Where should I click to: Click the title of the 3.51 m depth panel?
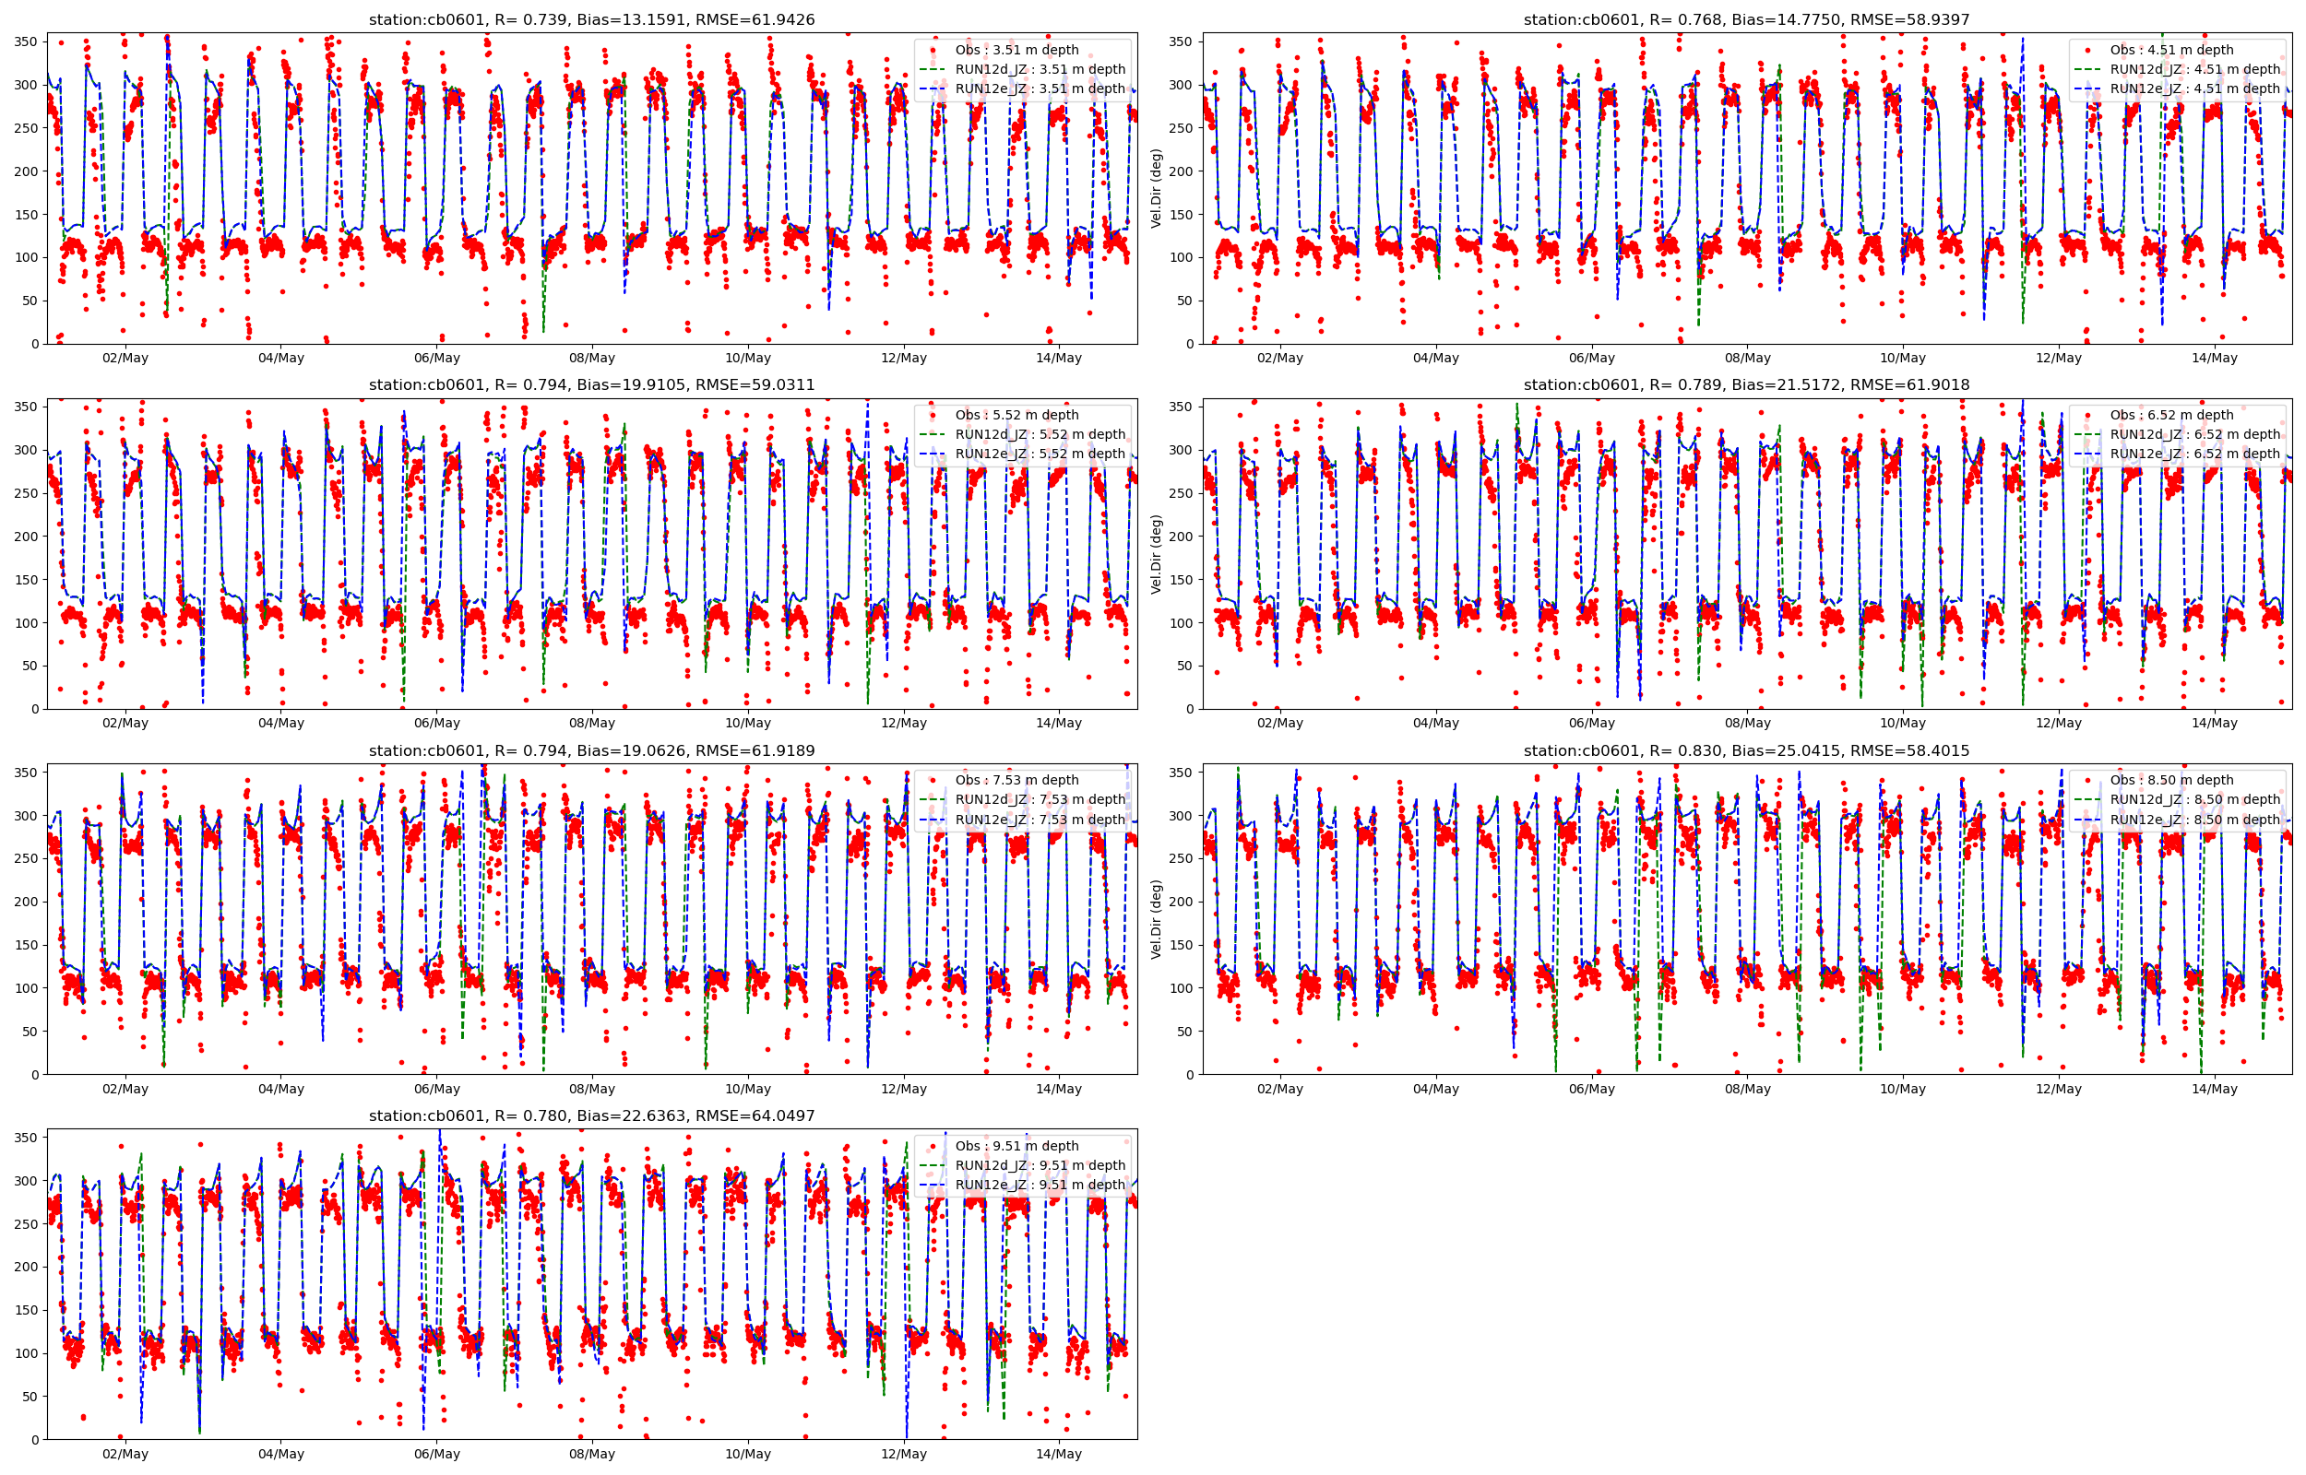pyautogui.click(x=592, y=19)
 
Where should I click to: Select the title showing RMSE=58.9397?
pyautogui.click(x=1746, y=19)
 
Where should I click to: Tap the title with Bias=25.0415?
pyautogui.click(x=1746, y=751)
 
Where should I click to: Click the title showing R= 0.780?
pyautogui.click(x=592, y=1115)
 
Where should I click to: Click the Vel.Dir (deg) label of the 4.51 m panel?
pyautogui.click(x=1157, y=188)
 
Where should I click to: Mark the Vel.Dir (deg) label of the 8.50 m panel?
pyautogui.click(x=1157, y=918)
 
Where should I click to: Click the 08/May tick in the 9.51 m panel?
pyautogui.click(x=592, y=1454)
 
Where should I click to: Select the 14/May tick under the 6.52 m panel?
pyautogui.click(x=2214, y=723)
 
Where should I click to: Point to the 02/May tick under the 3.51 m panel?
pyautogui.click(x=125, y=359)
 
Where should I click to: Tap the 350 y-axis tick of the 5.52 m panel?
pyautogui.click(x=26, y=407)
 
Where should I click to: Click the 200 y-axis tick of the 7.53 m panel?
pyautogui.click(x=26, y=903)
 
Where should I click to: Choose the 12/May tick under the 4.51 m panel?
pyautogui.click(x=2058, y=359)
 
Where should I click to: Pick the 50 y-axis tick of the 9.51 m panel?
pyautogui.click(x=30, y=1397)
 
